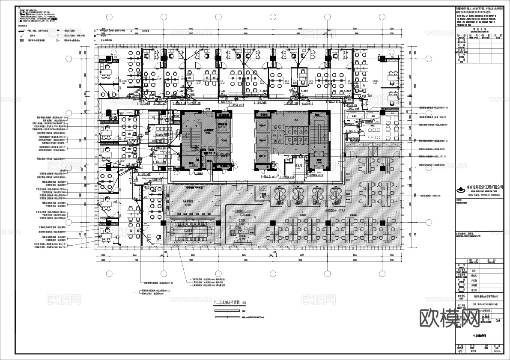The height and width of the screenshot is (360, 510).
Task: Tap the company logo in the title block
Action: pos(462,188)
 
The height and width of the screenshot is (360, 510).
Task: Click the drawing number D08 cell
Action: pos(498,320)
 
